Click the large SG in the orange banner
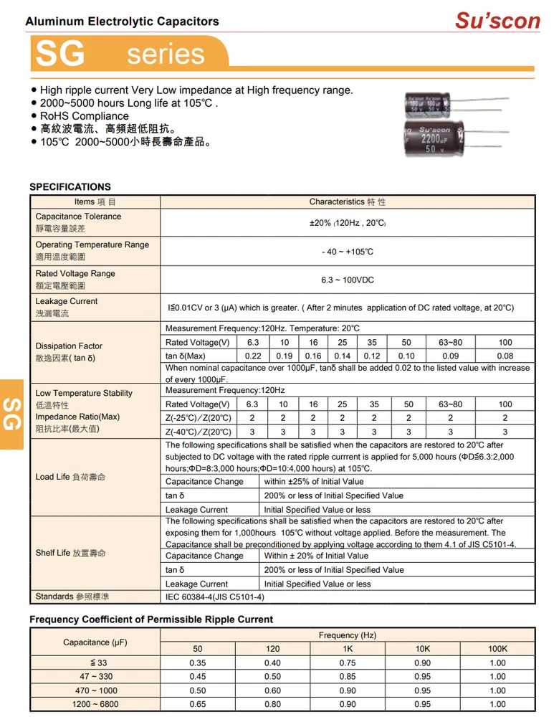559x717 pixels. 61,54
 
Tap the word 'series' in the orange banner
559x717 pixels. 166,54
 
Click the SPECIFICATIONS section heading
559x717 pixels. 70,187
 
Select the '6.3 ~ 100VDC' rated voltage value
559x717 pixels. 348,280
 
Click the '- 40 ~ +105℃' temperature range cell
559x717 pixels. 348,252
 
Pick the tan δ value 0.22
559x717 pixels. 253,356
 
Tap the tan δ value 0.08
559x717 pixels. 505,356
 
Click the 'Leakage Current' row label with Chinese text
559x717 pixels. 67,308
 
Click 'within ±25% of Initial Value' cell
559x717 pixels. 314,482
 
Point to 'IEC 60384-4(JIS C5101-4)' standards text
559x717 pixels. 215,597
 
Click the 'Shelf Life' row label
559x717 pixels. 70,553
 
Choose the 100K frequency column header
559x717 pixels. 497,650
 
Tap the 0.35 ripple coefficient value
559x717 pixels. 198,663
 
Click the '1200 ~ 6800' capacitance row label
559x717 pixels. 95,705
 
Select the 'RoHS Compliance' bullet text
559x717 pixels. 85,116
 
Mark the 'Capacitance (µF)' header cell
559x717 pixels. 95,642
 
